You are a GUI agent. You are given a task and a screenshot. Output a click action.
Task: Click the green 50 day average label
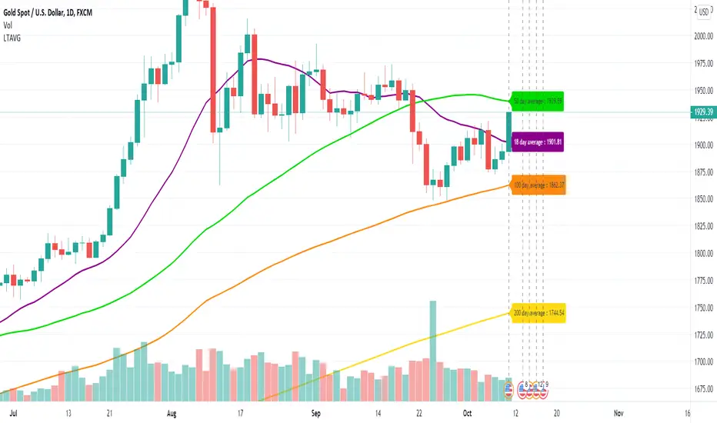[538, 101]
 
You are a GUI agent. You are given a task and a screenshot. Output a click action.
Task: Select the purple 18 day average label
[538, 142]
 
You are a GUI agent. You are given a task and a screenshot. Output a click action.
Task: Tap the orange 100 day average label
[538, 185]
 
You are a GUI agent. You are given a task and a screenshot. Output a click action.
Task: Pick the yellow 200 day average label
[538, 313]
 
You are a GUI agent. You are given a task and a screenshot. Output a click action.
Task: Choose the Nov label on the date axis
[618, 412]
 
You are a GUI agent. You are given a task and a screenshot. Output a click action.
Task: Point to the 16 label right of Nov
[687, 412]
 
